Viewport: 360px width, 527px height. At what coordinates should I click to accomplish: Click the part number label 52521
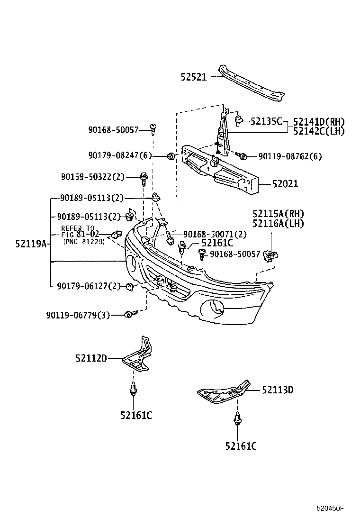click(x=193, y=77)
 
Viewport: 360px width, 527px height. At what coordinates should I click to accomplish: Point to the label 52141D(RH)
click(x=319, y=122)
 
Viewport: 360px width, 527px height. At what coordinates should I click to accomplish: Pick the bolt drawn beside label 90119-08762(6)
click(x=241, y=155)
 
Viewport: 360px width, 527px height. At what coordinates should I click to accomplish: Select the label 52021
click(x=285, y=184)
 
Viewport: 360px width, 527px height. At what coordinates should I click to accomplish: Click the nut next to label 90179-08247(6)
click(x=171, y=155)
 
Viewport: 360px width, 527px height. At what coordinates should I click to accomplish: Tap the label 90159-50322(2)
click(x=92, y=177)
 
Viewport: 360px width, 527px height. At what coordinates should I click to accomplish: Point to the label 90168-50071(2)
click(x=208, y=234)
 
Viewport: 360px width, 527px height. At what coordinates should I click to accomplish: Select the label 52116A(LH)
click(x=278, y=223)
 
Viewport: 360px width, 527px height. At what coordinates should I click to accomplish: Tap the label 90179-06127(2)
click(x=89, y=286)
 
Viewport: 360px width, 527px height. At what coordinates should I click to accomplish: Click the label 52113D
click(x=278, y=390)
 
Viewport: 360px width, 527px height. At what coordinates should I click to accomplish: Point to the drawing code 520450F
click(x=330, y=509)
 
